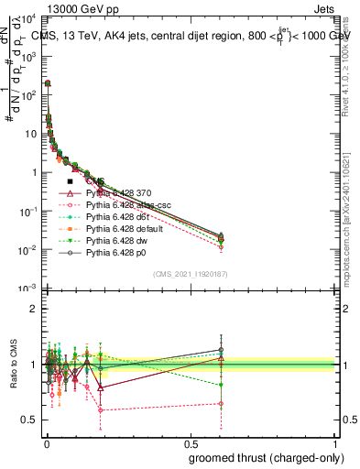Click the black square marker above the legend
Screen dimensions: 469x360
(70, 182)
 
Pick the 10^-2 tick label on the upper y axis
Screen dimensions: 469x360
(28, 250)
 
